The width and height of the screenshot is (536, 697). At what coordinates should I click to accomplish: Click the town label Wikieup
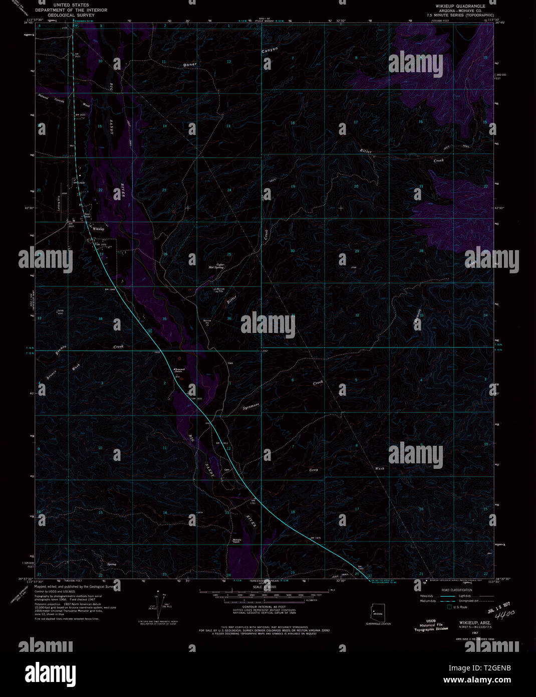point(99,229)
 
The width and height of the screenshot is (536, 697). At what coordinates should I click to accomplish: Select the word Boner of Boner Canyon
point(190,65)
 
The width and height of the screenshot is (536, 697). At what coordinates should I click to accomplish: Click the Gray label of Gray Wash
point(314,470)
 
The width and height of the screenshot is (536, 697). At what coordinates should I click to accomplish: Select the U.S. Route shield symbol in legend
point(449,607)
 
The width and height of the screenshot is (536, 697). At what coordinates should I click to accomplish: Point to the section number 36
point(229,318)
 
